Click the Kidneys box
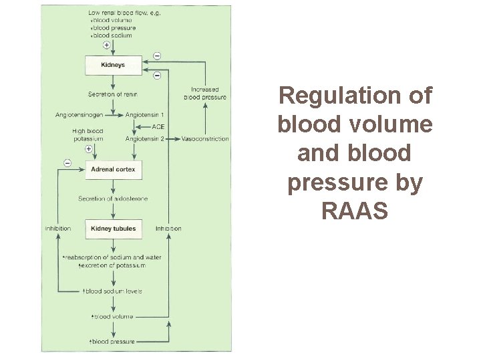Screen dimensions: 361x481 (112, 66)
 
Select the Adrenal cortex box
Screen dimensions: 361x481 (113, 170)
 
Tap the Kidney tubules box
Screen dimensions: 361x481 (113, 229)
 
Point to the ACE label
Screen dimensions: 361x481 (158, 127)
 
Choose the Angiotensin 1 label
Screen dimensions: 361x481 (145, 115)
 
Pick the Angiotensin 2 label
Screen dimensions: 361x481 (145, 139)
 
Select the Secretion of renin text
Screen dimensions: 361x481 (112, 94)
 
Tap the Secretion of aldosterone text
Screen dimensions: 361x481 (113, 199)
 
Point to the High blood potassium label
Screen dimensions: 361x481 (88, 135)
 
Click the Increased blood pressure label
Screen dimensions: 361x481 (205, 94)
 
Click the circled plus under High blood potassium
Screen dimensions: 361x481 (88, 149)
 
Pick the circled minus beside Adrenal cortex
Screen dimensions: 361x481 (67, 162)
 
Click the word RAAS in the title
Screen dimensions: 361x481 (355, 212)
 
